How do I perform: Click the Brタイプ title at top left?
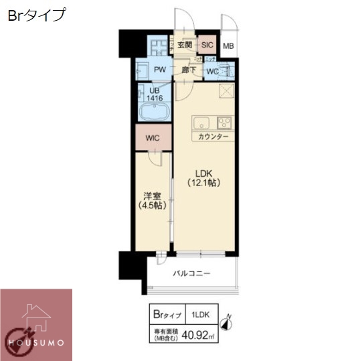point(37,15)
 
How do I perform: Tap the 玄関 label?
point(185,46)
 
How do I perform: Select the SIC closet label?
point(207,46)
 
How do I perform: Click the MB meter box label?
point(228,46)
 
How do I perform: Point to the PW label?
point(160,70)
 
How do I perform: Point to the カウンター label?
point(213,137)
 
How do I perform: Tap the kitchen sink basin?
point(201,123)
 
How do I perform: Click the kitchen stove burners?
point(223,123)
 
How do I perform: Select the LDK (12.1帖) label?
point(205,177)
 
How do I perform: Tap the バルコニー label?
point(192,273)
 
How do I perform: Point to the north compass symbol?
point(228,323)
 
